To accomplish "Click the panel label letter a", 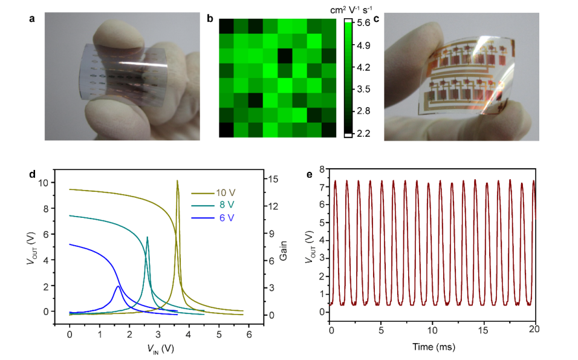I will [32, 19].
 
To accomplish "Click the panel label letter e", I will [310, 175].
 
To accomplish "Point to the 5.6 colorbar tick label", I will [363, 24].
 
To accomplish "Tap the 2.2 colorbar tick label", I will [363, 133].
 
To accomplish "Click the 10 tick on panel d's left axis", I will [57, 182].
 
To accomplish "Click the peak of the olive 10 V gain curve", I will [177, 180].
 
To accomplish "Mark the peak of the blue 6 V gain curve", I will [117, 286].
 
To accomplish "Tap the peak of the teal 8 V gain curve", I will [147, 237].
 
